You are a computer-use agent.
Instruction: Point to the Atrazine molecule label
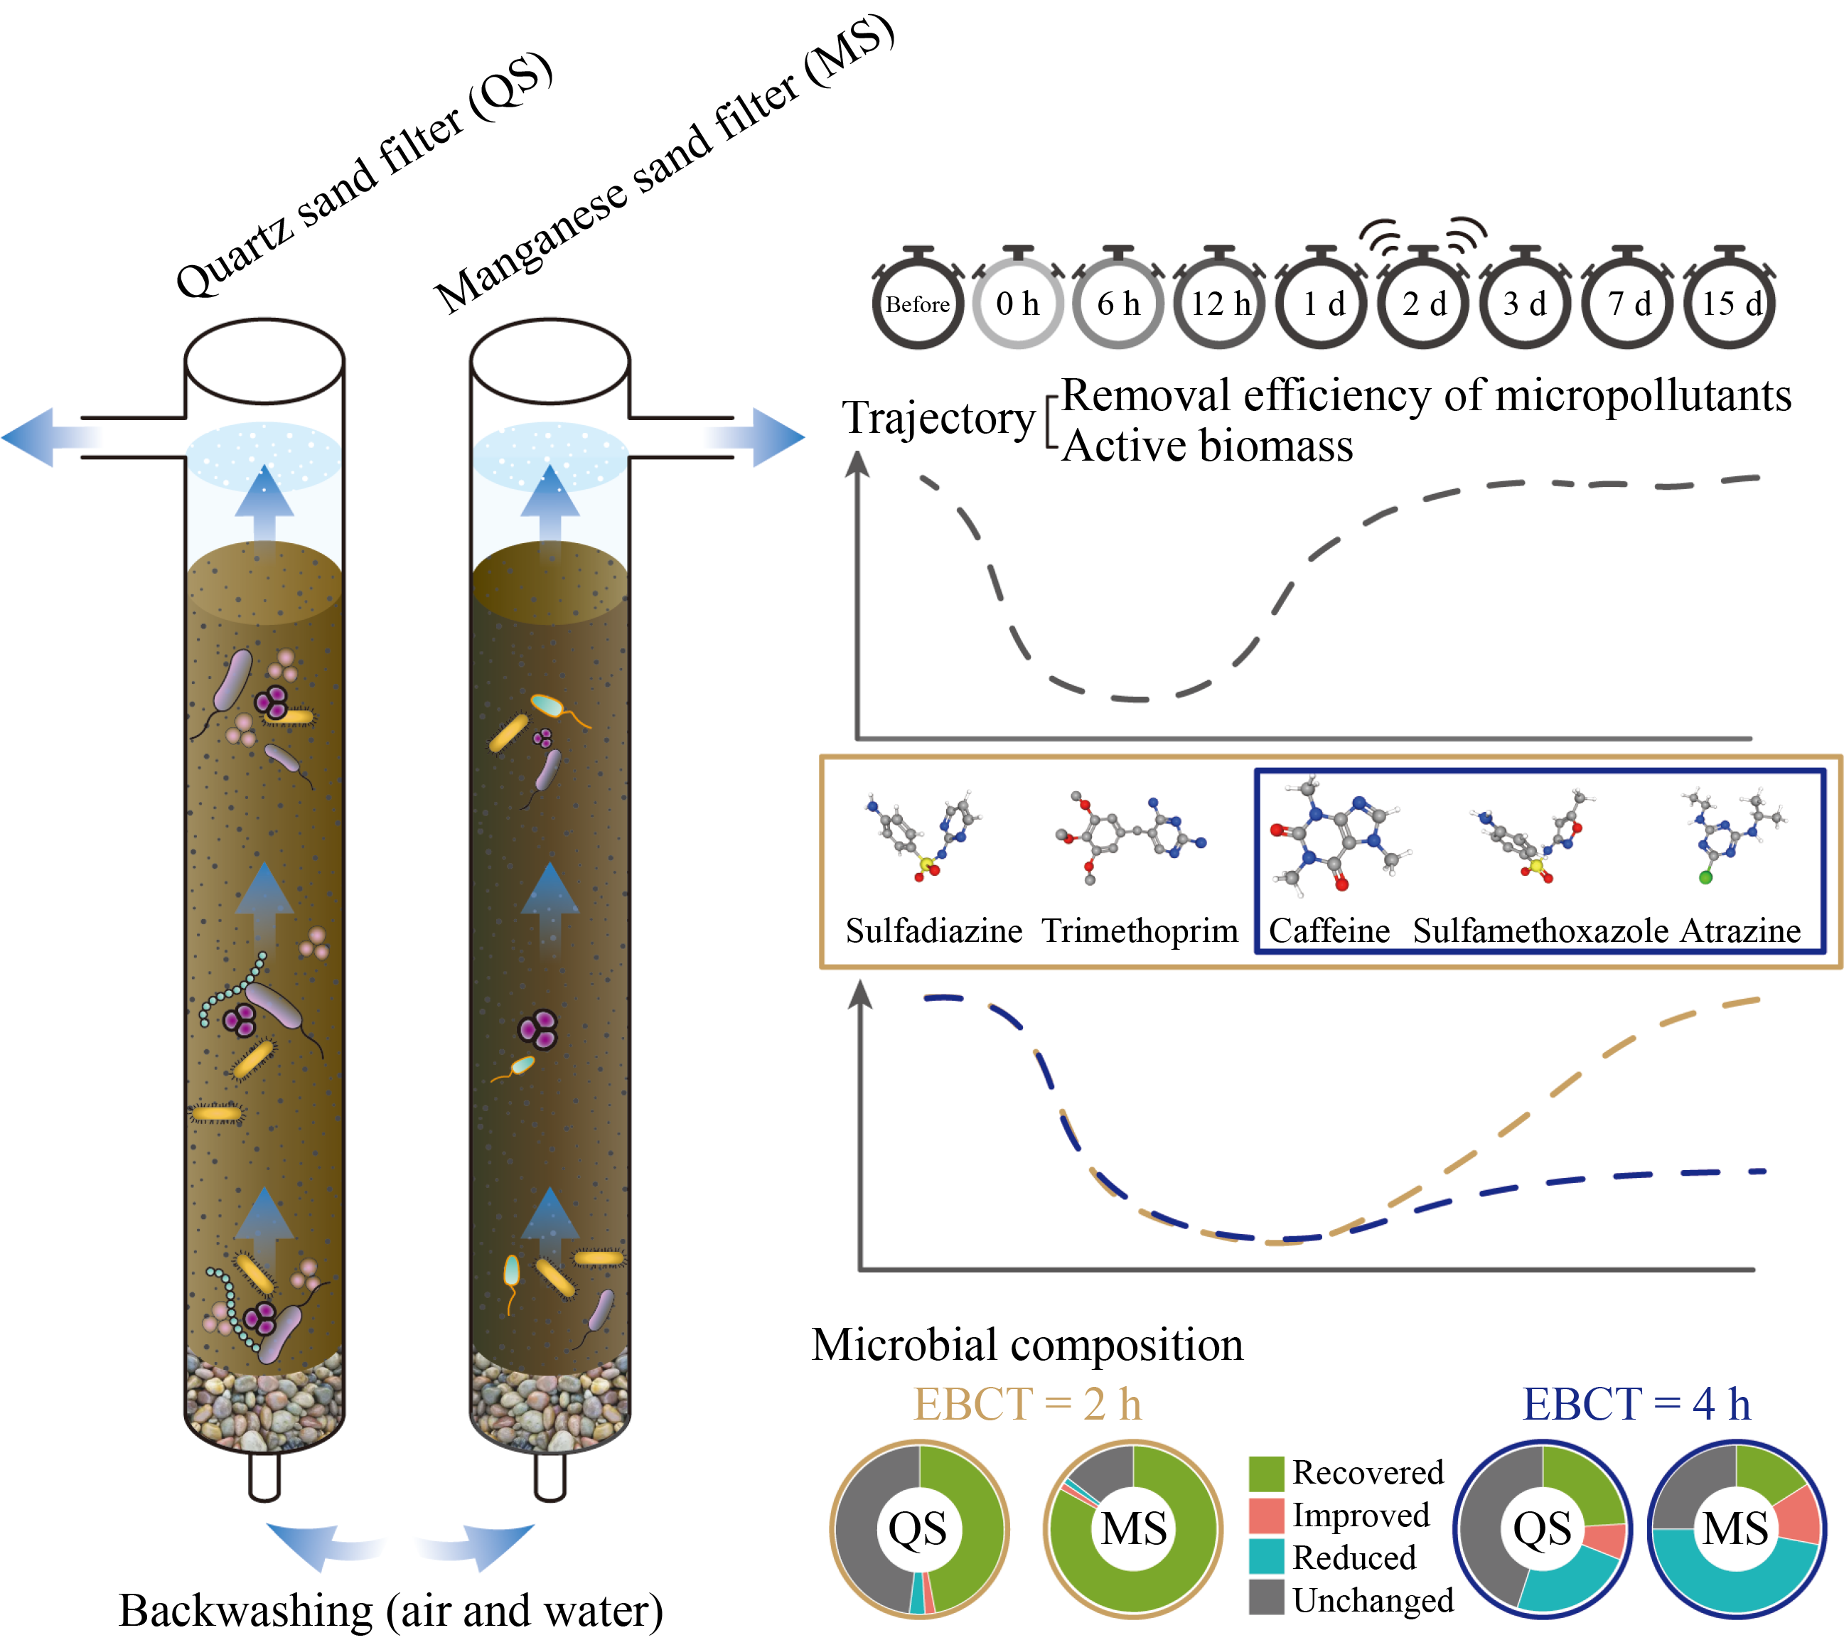pyautogui.click(x=1740, y=930)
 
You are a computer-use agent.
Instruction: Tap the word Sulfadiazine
pyautogui.click(x=933, y=930)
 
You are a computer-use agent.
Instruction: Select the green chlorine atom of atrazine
pyautogui.click(x=1706, y=876)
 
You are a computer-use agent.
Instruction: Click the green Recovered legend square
pyautogui.click(x=1267, y=1473)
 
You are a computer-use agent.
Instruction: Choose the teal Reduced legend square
pyautogui.click(x=1267, y=1556)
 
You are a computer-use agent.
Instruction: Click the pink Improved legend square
pyautogui.click(x=1267, y=1516)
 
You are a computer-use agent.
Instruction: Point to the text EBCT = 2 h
pyautogui.click(x=1027, y=1405)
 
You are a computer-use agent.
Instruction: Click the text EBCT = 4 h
pyautogui.click(x=1636, y=1405)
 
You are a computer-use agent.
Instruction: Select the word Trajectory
pyautogui.click(x=938, y=419)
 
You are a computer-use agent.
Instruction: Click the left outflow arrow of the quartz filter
pyautogui.click(x=45, y=437)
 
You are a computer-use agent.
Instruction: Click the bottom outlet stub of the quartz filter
pyautogui.click(x=264, y=1476)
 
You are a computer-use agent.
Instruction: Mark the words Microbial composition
pyautogui.click(x=1027, y=1344)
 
